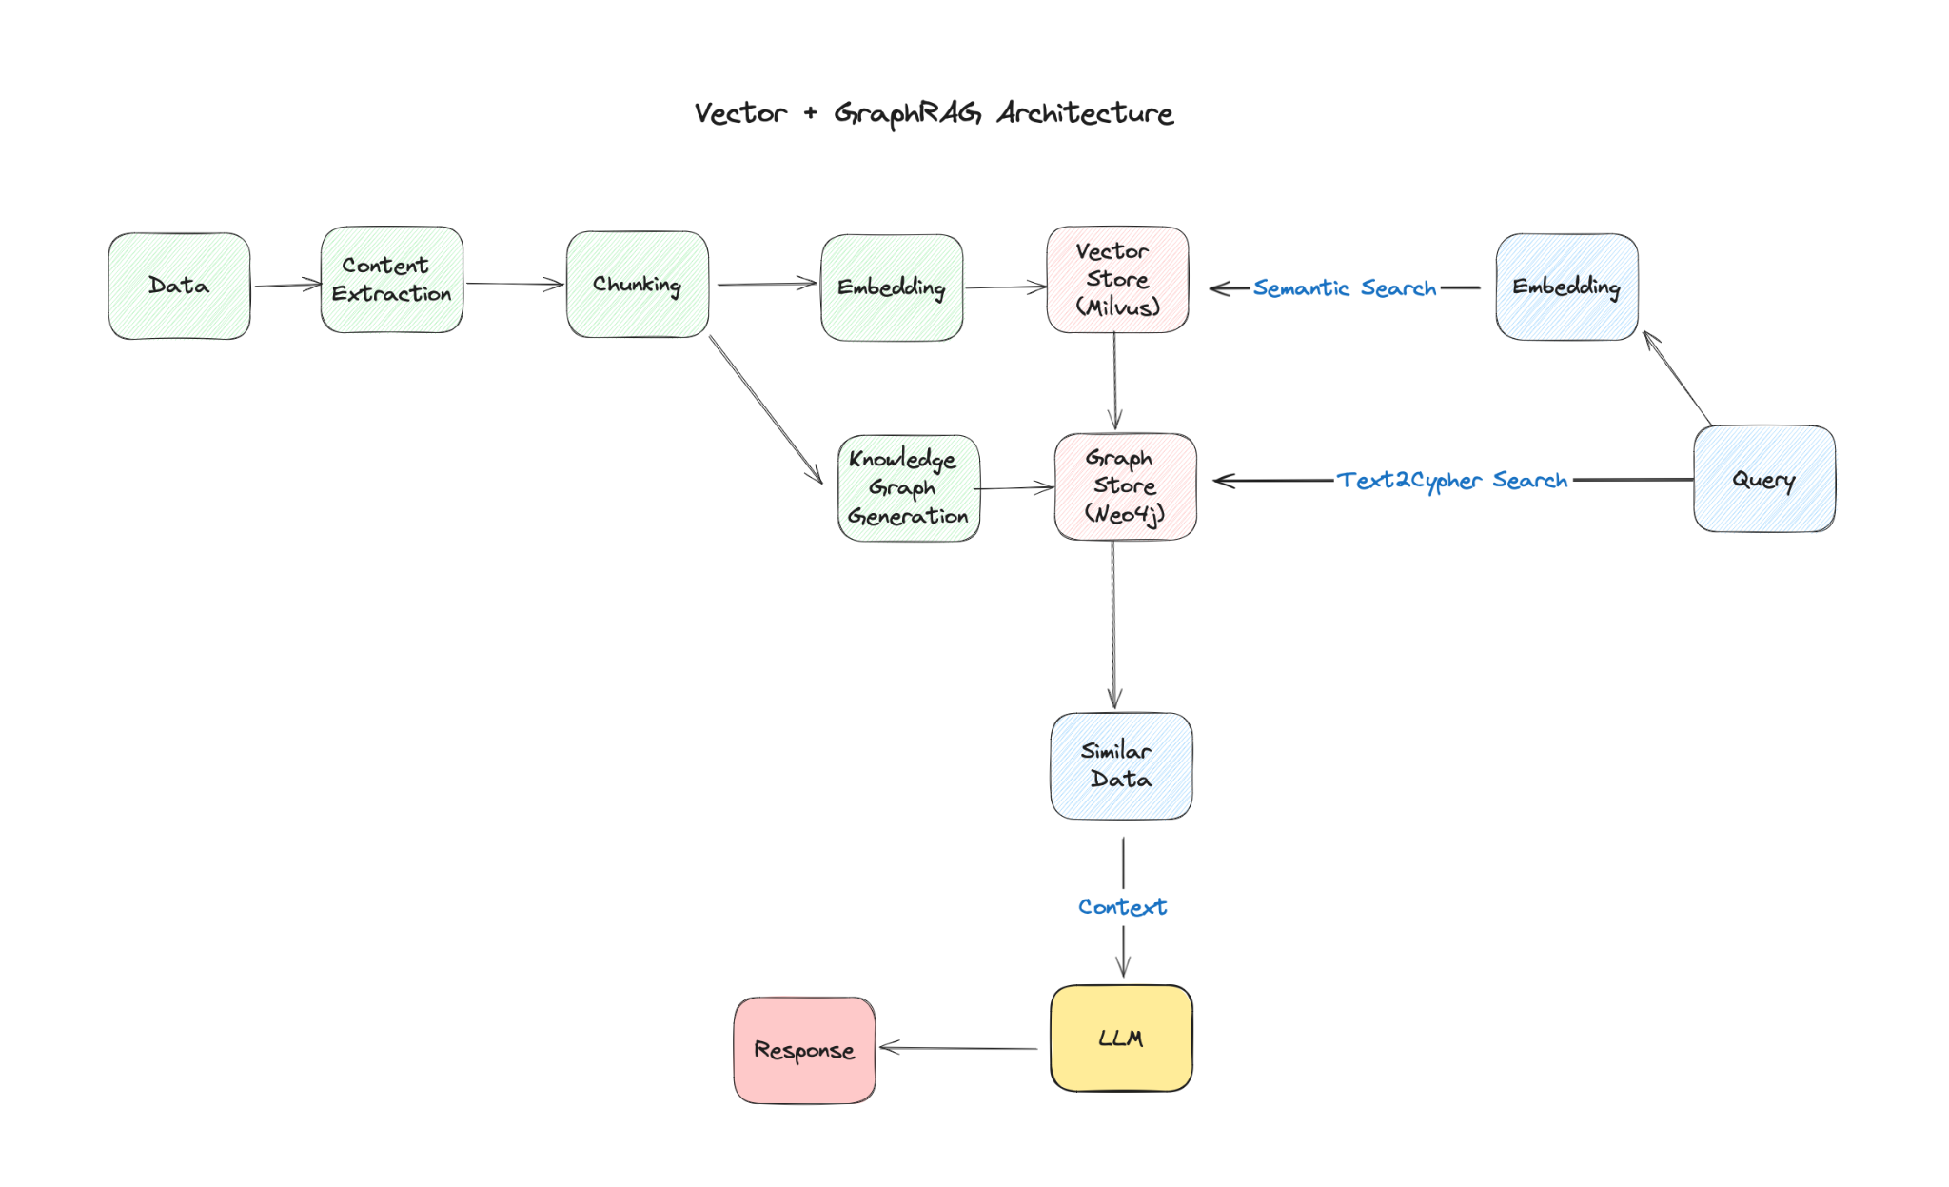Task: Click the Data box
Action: [179, 286]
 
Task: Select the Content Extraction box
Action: [392, 280]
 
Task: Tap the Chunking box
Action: [638, 284]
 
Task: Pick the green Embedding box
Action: [892, 287]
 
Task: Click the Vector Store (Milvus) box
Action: [1118, 280]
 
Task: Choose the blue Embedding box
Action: [1567, 287]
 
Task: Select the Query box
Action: [1764, 479]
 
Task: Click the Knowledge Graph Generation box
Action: [909, 488]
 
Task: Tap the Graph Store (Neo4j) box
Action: [1126, 486]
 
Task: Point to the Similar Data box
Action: [1122, 766]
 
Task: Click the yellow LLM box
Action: [1122, 1039]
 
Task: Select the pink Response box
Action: [805, 1051]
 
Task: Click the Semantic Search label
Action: [1345, 287]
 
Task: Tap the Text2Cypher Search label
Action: [1452, 481]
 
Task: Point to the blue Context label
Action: [1123, 907]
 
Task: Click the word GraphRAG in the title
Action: [908, 113]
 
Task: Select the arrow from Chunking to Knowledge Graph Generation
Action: [766, 409]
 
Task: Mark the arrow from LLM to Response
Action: [958, 1048]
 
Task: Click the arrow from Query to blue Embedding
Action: [1678, 378]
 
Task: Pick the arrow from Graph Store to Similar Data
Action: [1113, 624]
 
